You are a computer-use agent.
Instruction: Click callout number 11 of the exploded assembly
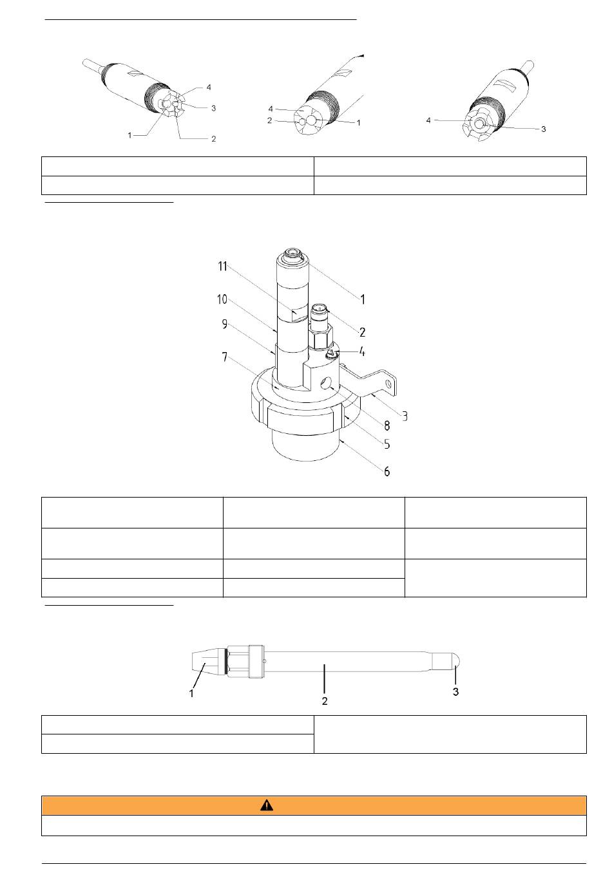click(223, 266)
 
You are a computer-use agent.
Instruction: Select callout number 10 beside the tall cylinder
click(222, 299)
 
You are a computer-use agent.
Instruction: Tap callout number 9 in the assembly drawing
click(224, 324)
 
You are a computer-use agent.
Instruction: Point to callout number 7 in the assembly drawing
click(224, 357)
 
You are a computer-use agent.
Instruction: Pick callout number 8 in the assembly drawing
click(387, 425)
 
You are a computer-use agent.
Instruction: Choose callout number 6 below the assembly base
click(387, 471)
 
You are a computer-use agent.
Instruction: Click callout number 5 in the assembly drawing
click(387, 444)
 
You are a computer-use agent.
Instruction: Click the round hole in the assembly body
click(325, 384)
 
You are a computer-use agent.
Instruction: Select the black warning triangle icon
click(266, 805)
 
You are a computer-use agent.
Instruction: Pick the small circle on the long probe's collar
click(264, 661)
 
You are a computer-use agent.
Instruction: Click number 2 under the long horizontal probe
click(325, 701)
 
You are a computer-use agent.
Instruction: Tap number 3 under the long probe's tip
click(455, 692)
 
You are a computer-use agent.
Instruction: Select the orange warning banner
click(314, 805)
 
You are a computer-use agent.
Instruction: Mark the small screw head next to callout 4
click(331, 354)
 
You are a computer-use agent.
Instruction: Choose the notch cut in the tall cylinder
click(300, 314)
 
